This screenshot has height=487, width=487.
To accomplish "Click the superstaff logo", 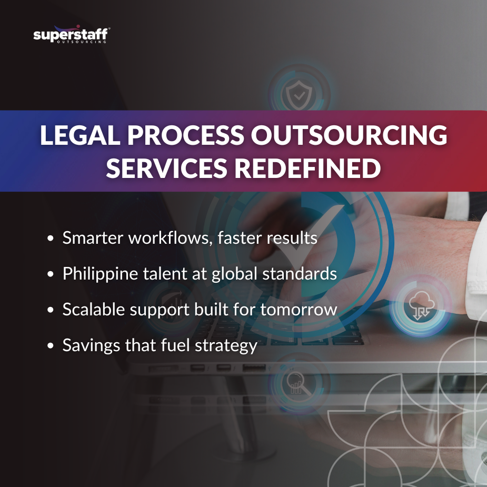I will (71, 36).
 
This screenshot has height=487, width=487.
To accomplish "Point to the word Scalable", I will (94, 310).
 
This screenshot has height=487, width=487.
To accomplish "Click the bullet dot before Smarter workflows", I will (51, 239).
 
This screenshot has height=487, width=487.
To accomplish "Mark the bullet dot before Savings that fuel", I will (51, 346).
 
